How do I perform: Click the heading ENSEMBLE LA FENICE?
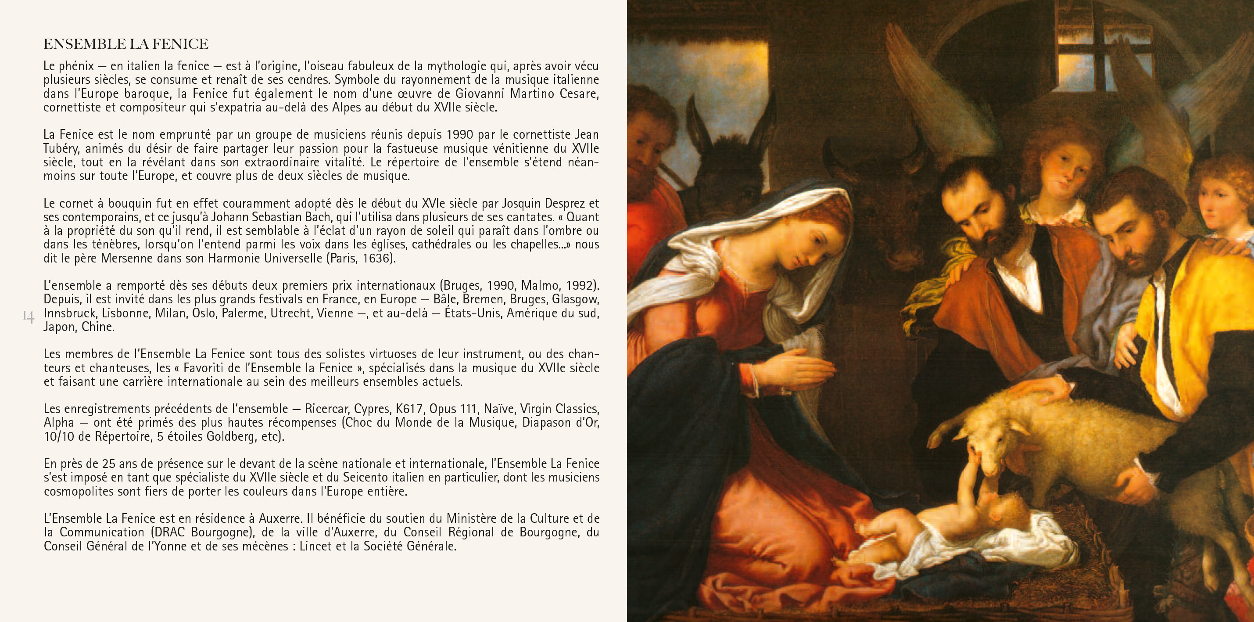[x=126, y=44]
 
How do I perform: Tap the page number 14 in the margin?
[x=28, y=317]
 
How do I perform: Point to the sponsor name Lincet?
[x=315, y=546]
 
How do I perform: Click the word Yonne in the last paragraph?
[x=170, y=546]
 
